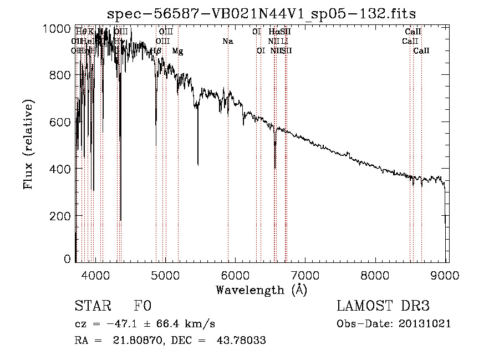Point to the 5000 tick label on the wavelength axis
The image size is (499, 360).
pos(165,276)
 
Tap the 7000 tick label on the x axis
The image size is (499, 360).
pos(305,276)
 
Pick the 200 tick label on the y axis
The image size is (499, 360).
pos(60,215)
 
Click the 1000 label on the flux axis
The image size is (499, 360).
pos(57,28)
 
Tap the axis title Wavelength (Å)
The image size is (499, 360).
pos(261,290)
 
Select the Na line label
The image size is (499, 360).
pos(228,41)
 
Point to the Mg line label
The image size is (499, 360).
pos(177,51)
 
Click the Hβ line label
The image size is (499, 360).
pos(156,51)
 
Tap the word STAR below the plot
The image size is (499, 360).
pos(92,307)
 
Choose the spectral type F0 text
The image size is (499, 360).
pos(142,307)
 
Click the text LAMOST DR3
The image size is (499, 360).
pos(383,307)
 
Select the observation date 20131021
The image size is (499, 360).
pos(426,323)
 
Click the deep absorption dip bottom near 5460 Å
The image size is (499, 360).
pos(198,164)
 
